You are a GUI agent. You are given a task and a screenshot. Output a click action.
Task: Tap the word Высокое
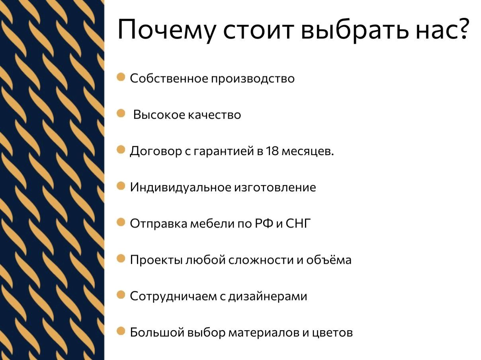pos(153,115)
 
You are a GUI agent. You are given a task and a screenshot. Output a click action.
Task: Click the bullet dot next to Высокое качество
pos(121,114)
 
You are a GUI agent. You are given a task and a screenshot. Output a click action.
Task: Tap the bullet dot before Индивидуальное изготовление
pos(121,186)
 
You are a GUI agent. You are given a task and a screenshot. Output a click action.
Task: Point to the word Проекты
pos(156,260)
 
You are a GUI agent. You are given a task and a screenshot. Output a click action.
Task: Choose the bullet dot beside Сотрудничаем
pos(121,295)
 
